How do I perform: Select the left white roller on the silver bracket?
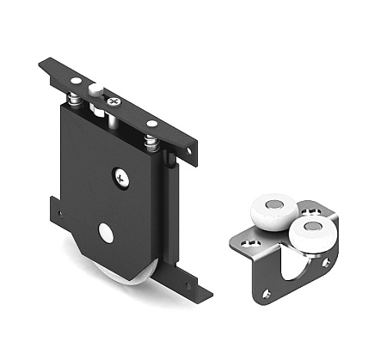[271, 211]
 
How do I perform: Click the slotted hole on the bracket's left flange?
[250, 245]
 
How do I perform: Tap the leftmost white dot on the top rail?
[74, 81]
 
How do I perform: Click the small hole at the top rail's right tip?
[189, 151]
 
